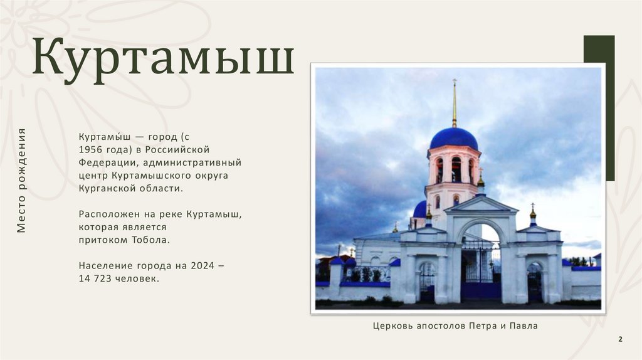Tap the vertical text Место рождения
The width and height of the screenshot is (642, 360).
click(x=22, y=181)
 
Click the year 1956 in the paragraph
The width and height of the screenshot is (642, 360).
click(x=92, y=149)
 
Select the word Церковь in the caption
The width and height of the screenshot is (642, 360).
click(x=393, y=326)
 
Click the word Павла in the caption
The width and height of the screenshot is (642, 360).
click(x=523, y=326)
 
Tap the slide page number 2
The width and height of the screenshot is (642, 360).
click(x=620, y=339)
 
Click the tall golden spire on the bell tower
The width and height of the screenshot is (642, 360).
click(x=455, y=103)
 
